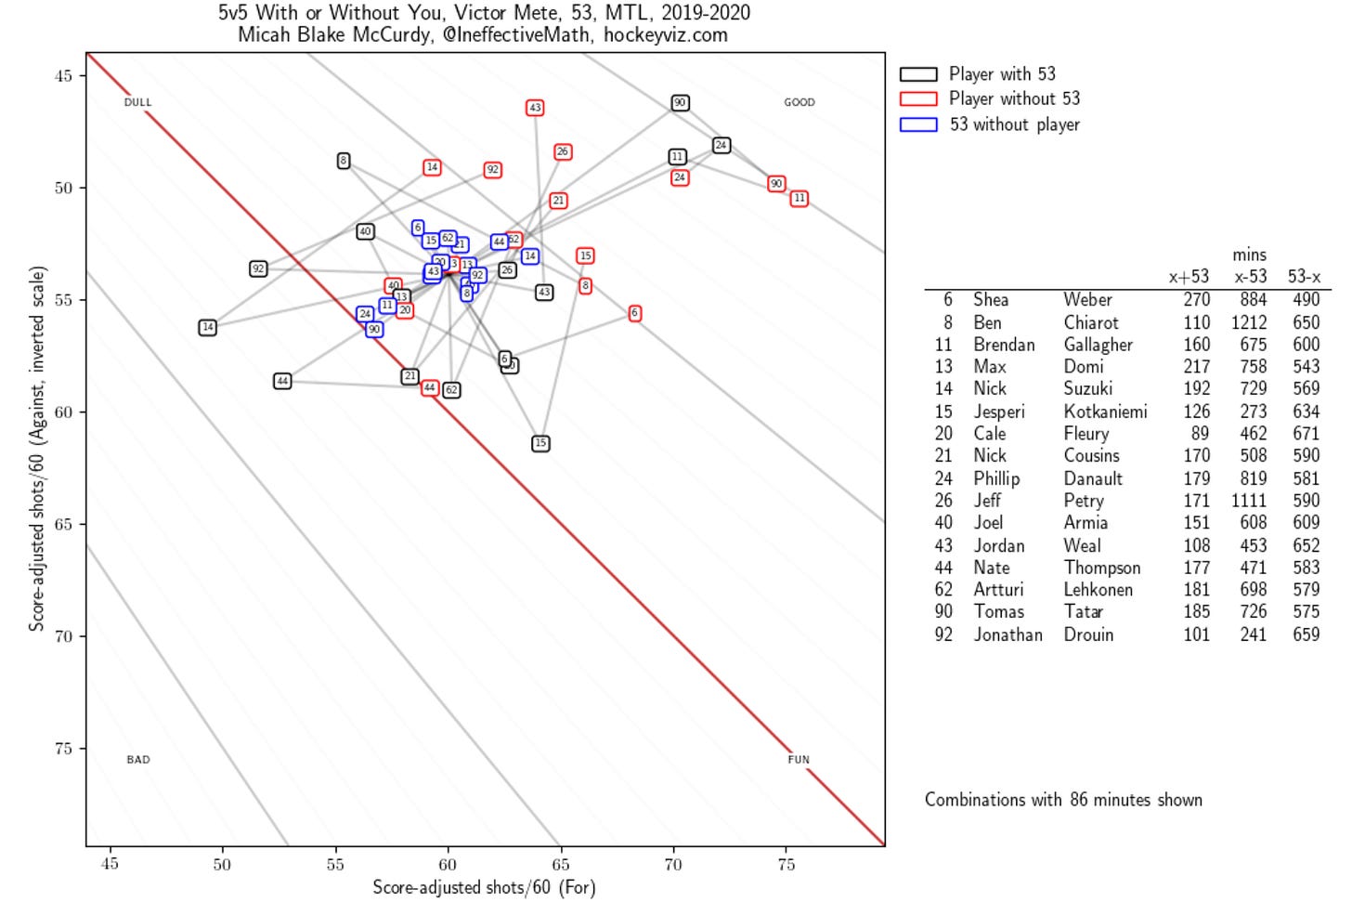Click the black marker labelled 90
pos(680,103)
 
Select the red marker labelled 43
pos(535,108)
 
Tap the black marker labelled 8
pos(344,161)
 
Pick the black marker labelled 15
pos(540,443)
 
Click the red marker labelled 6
pos(634,313)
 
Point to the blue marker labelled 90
pos(374,329)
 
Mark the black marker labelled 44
pos(282,381)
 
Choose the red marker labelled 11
pos(799,198)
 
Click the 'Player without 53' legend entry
pos(1014,98)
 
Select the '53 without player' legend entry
pos(1014,124)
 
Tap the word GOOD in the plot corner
pos(799,102)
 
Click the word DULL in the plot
pos(137,102)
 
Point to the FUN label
pos(799,759)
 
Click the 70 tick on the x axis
pos(673,864)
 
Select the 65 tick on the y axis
pos(62,524)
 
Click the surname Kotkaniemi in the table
pos(1105,412)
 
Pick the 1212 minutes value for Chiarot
pos(1249,322)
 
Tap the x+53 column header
pos(1189,276)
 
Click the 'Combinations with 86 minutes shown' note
pos(1063,800)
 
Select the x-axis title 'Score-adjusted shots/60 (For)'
pos(484,887)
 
